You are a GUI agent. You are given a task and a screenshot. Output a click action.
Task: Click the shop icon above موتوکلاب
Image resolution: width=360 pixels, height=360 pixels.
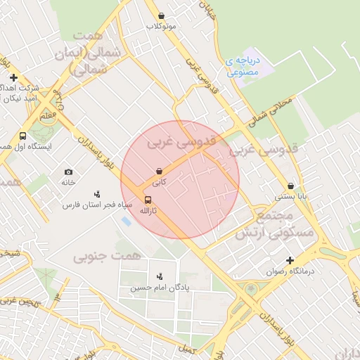pos(162,15)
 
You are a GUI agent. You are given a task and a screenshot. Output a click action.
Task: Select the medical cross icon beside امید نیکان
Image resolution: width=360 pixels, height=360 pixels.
pos(13,77)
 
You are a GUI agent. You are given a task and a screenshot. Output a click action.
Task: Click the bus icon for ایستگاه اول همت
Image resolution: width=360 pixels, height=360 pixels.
pos(22,136)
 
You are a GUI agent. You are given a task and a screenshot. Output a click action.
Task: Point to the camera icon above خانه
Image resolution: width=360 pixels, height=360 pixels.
pos(68,172)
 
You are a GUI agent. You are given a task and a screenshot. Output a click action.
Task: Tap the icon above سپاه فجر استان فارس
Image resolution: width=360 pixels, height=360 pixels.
pos(97,194)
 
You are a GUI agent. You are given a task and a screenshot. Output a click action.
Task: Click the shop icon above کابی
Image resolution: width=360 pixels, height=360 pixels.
pos(160,171)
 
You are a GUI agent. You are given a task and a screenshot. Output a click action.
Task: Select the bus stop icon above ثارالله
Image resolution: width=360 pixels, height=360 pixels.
pos(147,200)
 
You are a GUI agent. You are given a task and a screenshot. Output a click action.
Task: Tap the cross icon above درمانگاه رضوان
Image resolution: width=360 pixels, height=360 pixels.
pos(290,244)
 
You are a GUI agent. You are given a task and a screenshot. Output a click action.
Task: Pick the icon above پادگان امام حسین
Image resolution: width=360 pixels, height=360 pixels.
pos(159,276)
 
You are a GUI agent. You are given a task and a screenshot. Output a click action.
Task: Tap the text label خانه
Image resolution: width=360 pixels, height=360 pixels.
pos(68,182)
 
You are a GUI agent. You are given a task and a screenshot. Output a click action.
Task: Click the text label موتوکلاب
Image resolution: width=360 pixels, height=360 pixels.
pos(161,26)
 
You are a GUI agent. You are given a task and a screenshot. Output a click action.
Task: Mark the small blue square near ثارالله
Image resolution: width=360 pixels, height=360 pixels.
pos(125,221)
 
